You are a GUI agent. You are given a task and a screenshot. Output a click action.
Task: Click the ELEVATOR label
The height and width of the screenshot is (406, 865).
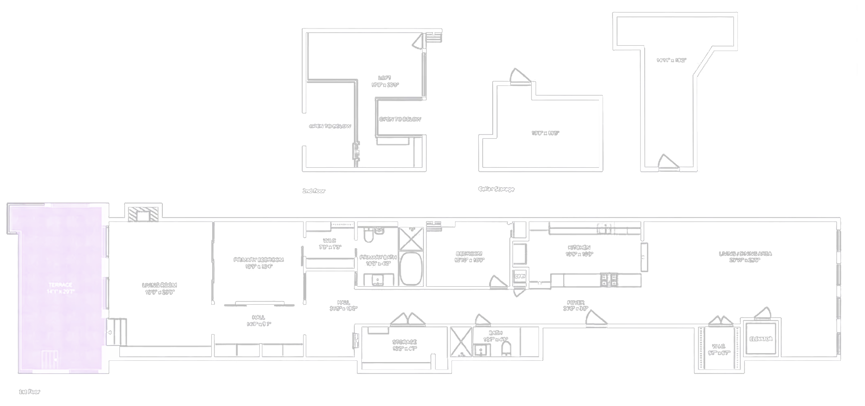760,339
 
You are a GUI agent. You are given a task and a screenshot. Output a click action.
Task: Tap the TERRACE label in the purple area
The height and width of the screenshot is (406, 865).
60,285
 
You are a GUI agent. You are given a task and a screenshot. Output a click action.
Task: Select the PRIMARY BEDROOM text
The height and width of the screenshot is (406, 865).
258,260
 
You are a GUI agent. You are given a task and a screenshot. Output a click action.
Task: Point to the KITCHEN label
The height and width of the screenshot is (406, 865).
579,248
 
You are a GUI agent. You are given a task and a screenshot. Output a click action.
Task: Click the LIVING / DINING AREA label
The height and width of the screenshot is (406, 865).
745,254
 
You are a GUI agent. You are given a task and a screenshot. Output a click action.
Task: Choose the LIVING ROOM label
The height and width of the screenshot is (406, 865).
159,285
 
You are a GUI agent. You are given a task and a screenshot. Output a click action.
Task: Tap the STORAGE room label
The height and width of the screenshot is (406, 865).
404,342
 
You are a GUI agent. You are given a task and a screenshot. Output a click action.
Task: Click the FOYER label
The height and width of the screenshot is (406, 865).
575,303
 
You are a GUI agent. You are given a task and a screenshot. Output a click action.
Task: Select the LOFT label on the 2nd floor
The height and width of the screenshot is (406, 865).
385,78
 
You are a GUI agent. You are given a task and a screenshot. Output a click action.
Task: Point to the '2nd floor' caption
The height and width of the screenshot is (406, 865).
314,191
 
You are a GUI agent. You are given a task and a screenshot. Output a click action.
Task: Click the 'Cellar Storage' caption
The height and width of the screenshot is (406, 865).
496,189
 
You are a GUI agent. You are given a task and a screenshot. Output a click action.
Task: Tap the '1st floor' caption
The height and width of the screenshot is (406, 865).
29,392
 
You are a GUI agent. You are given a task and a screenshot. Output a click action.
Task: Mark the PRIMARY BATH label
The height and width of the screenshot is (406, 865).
378,258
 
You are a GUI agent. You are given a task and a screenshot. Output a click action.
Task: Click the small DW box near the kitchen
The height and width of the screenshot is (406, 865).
519,276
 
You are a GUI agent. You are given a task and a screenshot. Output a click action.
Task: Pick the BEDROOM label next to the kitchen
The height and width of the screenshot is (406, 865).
469,254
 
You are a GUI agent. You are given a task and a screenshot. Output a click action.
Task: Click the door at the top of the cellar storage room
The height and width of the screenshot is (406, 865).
520,77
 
